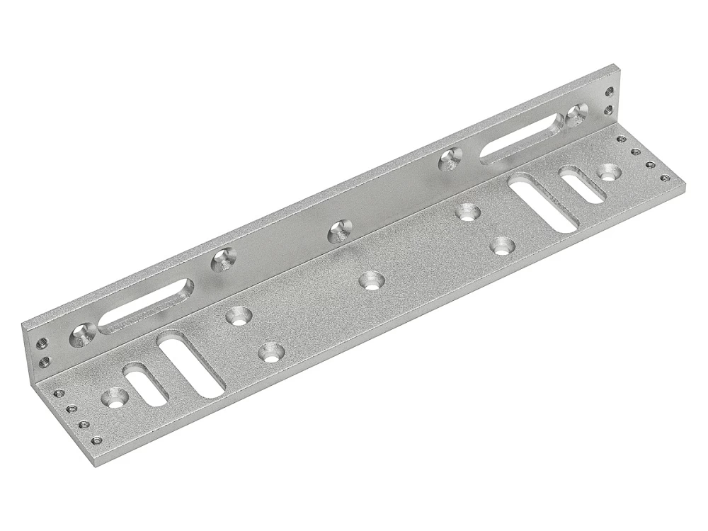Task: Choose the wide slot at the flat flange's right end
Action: tap(545, 200)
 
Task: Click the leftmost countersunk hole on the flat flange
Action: tap(114, 398)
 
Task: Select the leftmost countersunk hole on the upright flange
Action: tap(82, 335)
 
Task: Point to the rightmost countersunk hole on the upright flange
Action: tap(577, 113)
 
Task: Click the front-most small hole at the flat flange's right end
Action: tap(663, 177)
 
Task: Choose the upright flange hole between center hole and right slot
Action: tap(448, 159)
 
